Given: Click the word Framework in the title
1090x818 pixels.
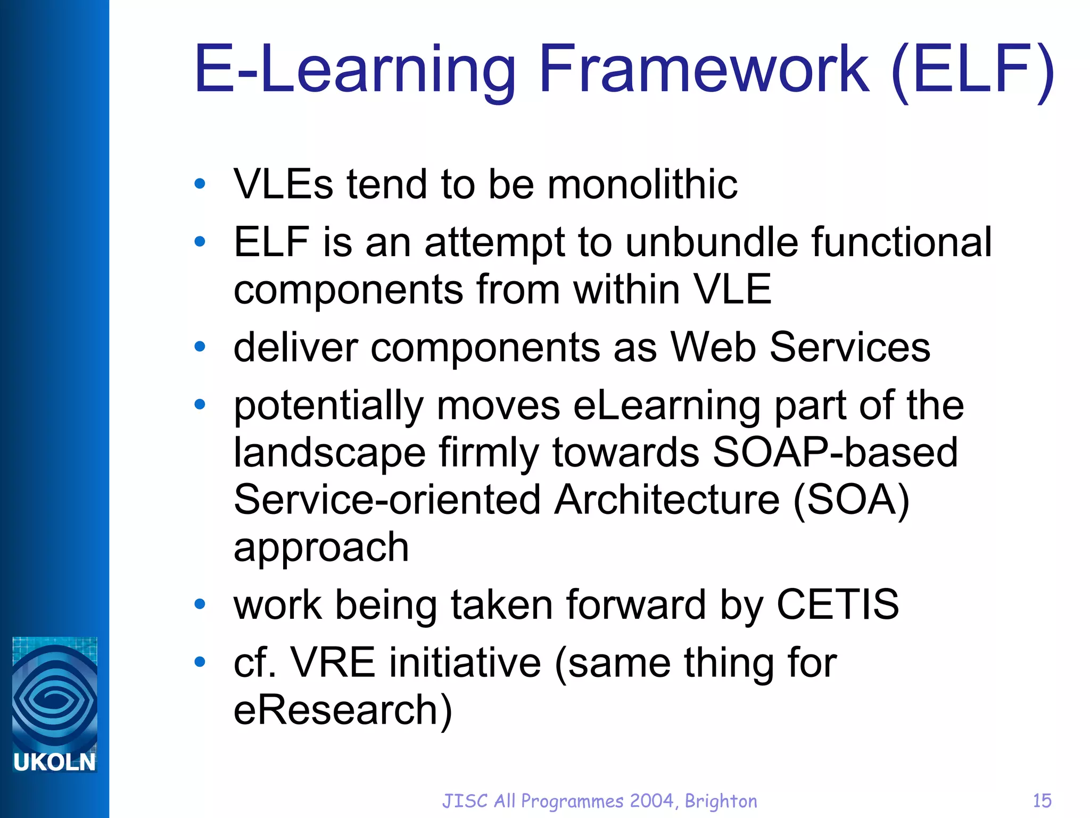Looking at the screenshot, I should [704, 69].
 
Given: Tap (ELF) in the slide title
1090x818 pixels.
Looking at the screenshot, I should [972, 69].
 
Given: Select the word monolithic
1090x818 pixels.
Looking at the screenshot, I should [642, 184].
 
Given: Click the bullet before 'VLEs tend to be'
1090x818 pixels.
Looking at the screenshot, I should [200, 184].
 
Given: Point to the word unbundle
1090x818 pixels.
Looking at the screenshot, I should [712, 242].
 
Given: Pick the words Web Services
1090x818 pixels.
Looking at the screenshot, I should [800, 347].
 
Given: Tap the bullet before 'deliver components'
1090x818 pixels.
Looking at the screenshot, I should [200, 347].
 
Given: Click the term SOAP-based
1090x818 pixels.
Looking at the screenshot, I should [835, 453].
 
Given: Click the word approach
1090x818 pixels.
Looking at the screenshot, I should [321, 547].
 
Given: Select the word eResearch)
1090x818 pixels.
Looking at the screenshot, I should [343, 710].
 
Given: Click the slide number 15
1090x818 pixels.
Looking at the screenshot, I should [1042, 801].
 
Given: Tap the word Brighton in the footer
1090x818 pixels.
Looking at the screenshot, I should [721, 801].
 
